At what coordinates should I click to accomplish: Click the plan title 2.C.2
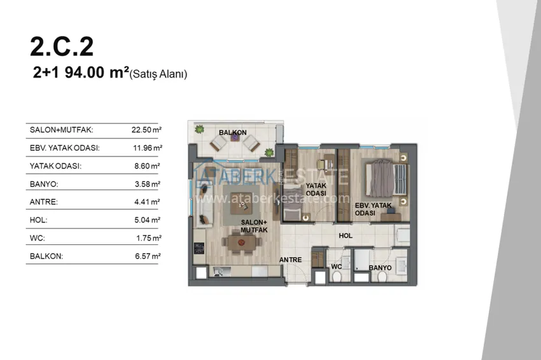pyautogui.click(x=62, y=46)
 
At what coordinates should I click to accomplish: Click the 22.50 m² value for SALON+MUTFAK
pyautogui.click(x=146, y=130)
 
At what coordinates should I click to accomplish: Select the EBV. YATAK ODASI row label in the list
pyautogui.click(x=64, y=148)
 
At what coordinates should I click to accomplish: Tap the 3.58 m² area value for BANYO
pyautogui.click(x=147, y=184)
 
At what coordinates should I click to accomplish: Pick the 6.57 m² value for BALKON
pyautogui.click(x=148, y=256)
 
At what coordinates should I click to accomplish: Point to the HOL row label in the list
pyautogui.click(x=39, y=220)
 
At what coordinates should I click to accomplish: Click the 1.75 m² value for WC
pyautogui.click(x=149, y=239)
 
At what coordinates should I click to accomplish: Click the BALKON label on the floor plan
pyautogui.click(x=232, y=133)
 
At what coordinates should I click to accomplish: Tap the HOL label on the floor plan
pyautogui.click(x=346, y=236)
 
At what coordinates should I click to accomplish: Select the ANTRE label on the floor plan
pyautogui.click(x=290, y=260)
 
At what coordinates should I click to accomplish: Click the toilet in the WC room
pyautogui.click(x=337, y=277)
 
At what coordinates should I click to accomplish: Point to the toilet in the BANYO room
pyautogui.click(x=382, y=277)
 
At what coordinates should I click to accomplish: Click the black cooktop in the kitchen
pyautogui.click(x=199, y=248)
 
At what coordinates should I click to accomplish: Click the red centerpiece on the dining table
pyautogui.click(x=241, y=243)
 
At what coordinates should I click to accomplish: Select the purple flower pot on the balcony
pyautogui.click(x=235, y=137)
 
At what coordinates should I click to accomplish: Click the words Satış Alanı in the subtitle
pyautogui.click(x=158, y=74)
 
